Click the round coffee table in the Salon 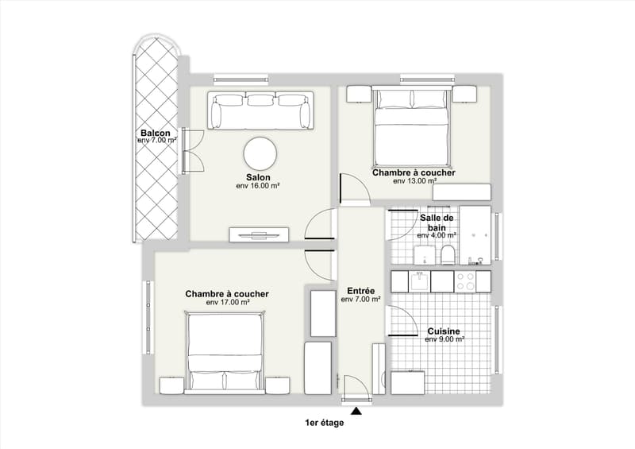pos(260,153)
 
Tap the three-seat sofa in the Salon pos(261,110)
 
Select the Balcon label pos(156,133)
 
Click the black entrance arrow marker pos(356,412)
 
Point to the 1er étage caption pos(325,423)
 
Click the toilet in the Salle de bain pos(448,255)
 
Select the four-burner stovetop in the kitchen pos(465,281)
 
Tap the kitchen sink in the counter pos(421,281)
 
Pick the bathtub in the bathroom pos(475,235)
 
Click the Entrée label pos(361,291)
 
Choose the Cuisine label pos(444,331)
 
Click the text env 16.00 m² pos(259,186)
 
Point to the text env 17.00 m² pos(228,302)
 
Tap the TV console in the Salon pos(260,234)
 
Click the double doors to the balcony pos(193,150)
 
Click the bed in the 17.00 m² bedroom pos(225,353)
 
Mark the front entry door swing pos(356,389)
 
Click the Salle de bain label pos(437,223)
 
